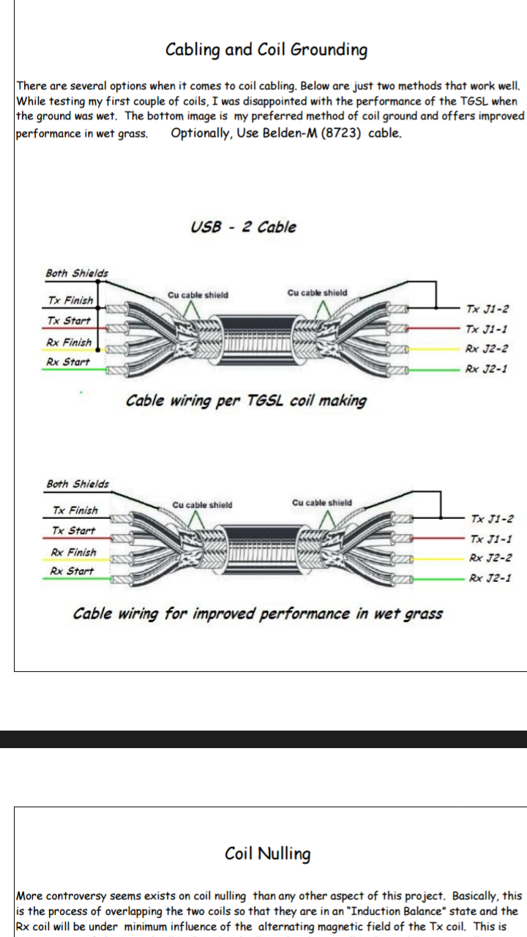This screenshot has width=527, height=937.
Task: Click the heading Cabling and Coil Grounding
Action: pos(266,50)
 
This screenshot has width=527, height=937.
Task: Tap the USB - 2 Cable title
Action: pos(243,227)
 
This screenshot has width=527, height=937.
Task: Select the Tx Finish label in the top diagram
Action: pos(70,300)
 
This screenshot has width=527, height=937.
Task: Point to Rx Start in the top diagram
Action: pos(67,362)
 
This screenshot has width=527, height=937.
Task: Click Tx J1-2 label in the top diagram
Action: pos(487,310)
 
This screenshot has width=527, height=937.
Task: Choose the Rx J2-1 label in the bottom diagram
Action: pos(490,578)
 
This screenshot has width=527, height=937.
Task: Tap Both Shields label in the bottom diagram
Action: pos(78,484)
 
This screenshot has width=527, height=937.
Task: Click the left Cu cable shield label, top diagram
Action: pos(198,295)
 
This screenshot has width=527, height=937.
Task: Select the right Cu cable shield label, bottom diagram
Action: pos(321,503)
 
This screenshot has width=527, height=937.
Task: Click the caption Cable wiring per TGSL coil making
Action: pos(246,400)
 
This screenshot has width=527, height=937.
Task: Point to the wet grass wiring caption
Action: pos(258,613)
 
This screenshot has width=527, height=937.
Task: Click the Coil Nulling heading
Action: pos(267,854)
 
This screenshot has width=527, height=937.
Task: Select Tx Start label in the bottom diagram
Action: pos(73,530)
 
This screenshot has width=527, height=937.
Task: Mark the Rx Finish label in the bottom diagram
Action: pos(73,552)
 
